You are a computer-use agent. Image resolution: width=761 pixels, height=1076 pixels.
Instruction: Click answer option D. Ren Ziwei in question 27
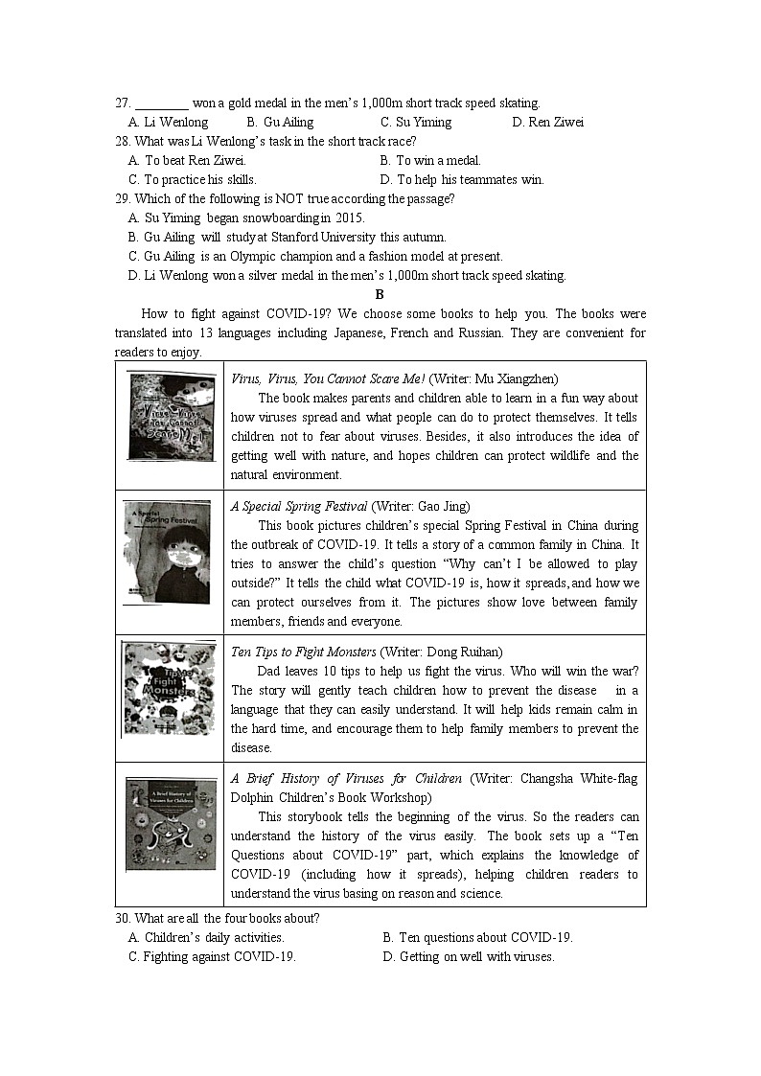click(547, 123)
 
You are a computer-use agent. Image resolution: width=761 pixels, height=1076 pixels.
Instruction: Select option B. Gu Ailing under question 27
click(280, 123)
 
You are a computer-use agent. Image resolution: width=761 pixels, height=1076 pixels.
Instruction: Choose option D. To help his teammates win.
click(462, 180)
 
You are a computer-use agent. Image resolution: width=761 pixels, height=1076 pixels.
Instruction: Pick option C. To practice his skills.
click(193, 180)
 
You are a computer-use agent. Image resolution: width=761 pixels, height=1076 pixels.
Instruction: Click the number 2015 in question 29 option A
click(349, 218)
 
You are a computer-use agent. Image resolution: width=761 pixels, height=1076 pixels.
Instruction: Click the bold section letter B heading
click(380, 295)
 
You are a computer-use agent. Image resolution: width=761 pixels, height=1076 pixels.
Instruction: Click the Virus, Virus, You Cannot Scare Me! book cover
click(172, 418)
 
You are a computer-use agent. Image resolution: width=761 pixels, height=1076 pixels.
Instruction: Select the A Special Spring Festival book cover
click(167, 553)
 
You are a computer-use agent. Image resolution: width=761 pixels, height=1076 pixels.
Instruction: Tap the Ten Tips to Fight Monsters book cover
click(169, 689)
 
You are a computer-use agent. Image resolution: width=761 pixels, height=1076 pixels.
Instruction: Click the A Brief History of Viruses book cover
click(171, 825)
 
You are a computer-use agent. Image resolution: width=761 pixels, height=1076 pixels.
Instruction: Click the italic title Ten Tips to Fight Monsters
click(304, 652)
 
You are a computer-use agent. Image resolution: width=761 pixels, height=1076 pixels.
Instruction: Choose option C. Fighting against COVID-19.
click(212, 957)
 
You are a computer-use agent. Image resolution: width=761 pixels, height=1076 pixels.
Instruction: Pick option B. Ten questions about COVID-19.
click(477, 938)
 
